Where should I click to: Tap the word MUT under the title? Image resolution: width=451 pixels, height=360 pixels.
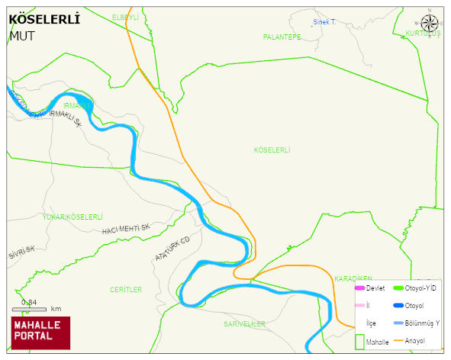point(22,35)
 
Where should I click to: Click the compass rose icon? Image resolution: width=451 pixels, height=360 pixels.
point(430,23)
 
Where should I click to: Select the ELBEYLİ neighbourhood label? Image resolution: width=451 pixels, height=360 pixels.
point(125,17)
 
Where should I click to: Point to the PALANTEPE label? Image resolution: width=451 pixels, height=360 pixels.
point(282,37)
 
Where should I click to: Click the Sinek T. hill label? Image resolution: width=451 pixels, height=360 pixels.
point(324,22)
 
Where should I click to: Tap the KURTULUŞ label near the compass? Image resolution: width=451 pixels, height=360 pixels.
point(423,34)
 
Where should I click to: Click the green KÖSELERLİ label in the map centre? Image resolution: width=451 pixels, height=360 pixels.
point(272,150)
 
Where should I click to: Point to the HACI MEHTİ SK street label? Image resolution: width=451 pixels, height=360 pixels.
point(126,229)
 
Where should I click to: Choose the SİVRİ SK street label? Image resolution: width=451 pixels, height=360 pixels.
point(22,252)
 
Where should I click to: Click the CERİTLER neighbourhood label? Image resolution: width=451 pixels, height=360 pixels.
point(126,290)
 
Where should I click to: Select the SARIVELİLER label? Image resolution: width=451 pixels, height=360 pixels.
point(244,324)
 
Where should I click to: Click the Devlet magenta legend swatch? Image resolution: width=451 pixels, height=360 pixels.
point(359,288)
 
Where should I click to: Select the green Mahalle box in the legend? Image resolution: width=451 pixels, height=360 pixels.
point(359,342)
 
